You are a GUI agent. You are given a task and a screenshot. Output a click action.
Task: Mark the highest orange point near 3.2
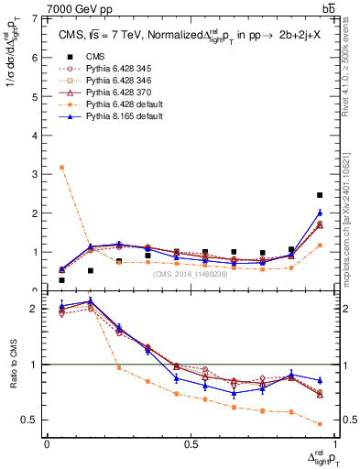61,167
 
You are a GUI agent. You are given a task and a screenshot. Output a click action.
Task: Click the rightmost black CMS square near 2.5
319,195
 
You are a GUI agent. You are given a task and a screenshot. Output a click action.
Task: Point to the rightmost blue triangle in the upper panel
319,213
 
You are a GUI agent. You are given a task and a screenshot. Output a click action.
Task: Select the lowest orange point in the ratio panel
319,424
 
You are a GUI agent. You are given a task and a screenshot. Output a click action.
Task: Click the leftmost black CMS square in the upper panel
61,280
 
